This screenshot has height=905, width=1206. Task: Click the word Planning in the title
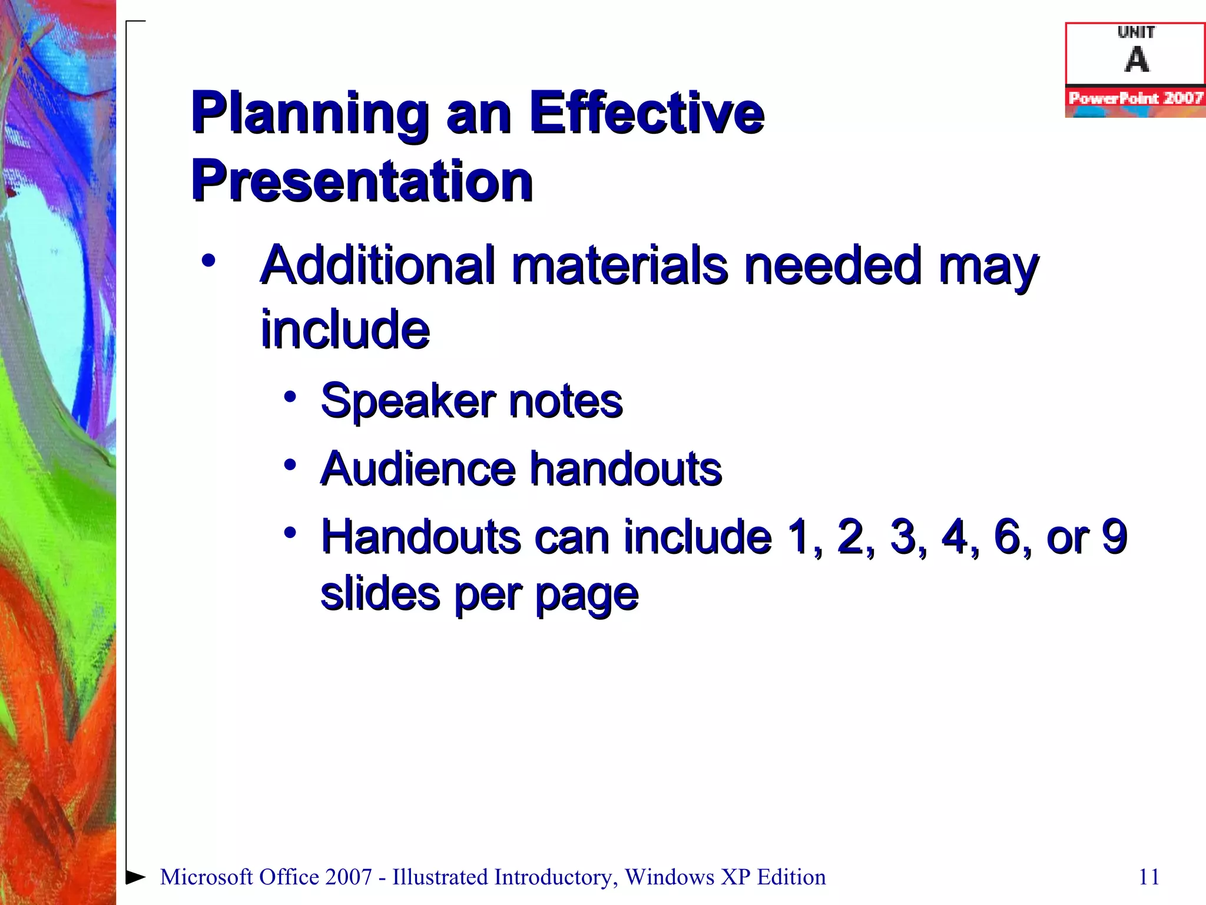[x=310, y=113]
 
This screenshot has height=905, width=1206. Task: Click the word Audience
[x=418, y=469]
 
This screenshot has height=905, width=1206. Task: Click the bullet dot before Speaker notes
[x=290, y=397]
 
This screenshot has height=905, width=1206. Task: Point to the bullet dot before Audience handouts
[x=290, y=465]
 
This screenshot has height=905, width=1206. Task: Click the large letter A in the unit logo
[x=1137, y=60]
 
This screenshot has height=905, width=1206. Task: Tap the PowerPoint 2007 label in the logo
[x=1135, y=98]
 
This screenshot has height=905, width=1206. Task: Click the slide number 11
[x=1149, y=877]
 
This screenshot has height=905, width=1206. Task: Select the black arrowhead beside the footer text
[x=135, y=877]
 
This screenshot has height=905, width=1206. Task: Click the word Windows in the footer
[x=670, y=877]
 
